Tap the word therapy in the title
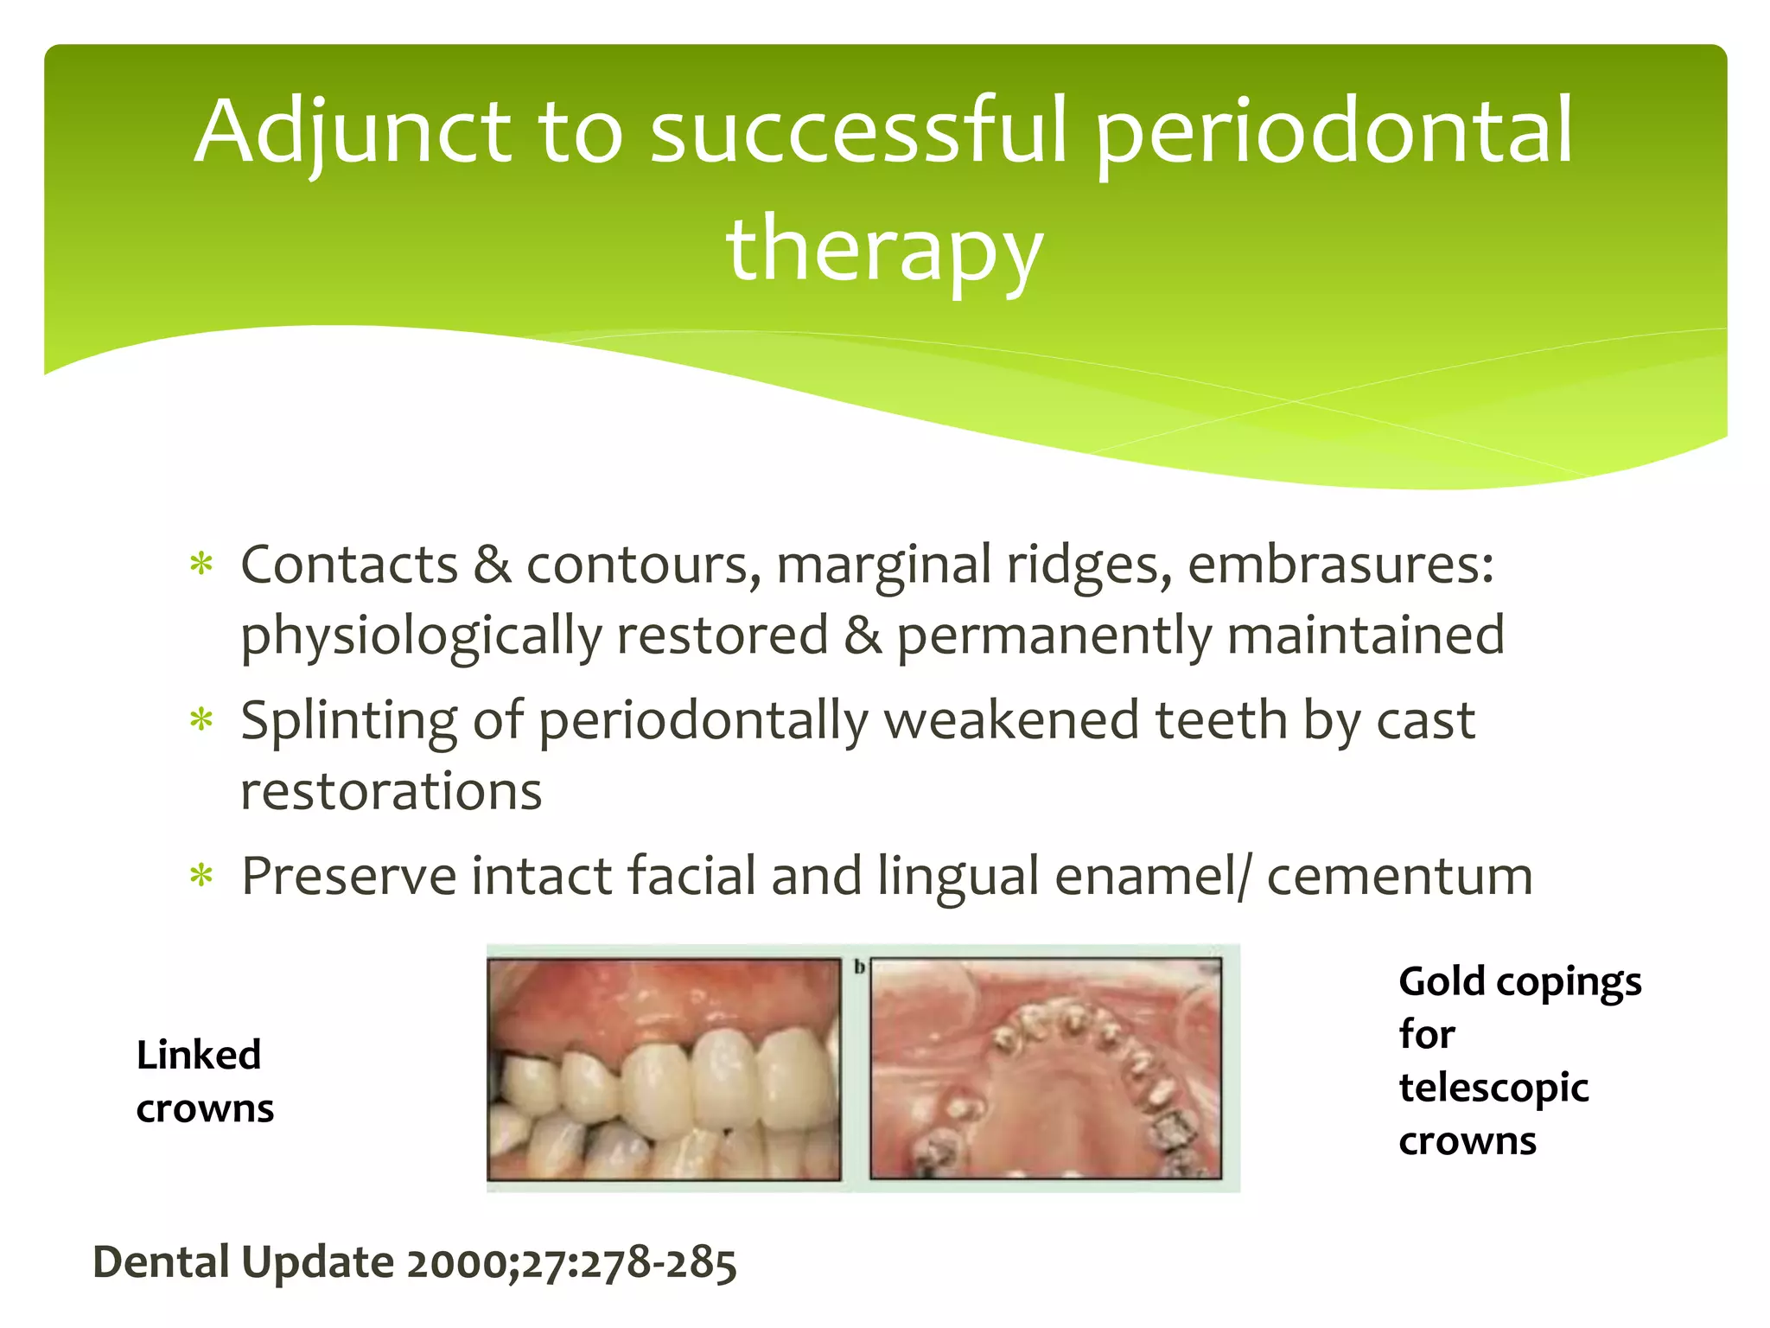[885, 251]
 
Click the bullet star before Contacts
[201, 566]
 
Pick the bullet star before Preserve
[201, 877]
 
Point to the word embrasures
[1340, 565]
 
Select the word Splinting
[348, 721]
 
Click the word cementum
[1399, 877]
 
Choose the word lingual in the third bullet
[958, 877]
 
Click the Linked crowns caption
[204, 1082]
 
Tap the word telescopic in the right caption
[1493, 1089]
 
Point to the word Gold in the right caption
[1442, 982]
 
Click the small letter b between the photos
[859, 967]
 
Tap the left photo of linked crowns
[664, 1069]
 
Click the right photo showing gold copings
[1046, 1069]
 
